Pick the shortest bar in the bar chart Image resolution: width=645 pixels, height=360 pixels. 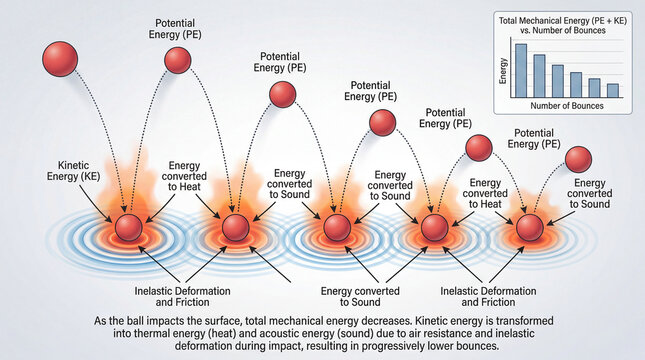click(x=612, y=90)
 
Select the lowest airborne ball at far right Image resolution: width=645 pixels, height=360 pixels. click(x=578, y=158)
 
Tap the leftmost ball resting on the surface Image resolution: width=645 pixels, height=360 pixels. click(x=129, y=228)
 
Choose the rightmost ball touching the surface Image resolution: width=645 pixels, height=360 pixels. click(x=528, y=227)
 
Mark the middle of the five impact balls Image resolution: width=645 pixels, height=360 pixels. click(x=335, y=228)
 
